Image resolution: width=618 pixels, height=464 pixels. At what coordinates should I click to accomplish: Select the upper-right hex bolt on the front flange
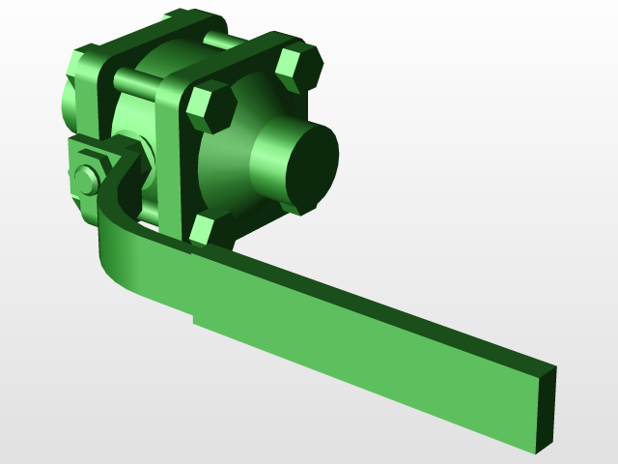[x=298, y=68]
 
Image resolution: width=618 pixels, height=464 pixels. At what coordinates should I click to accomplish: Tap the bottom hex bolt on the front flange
[x=202, y=229]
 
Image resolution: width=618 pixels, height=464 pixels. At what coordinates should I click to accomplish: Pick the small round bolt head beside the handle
[x=85, y=181]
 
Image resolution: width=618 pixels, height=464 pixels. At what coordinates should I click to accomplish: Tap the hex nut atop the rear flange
[x=183, y=17]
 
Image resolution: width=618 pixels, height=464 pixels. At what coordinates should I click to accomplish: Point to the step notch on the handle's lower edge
[x=194, y=318]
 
